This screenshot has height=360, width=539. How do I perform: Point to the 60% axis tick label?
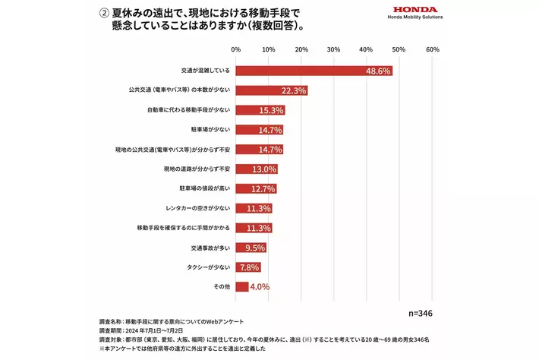[433, 49]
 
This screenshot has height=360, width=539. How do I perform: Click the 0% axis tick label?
[236, 49]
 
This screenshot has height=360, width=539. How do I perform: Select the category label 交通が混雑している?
[200, 71]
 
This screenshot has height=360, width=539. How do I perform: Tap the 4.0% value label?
[261, 286]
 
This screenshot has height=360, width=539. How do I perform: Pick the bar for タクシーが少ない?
[248, 267]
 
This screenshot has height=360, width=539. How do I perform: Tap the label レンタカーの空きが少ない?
[197, 208]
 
